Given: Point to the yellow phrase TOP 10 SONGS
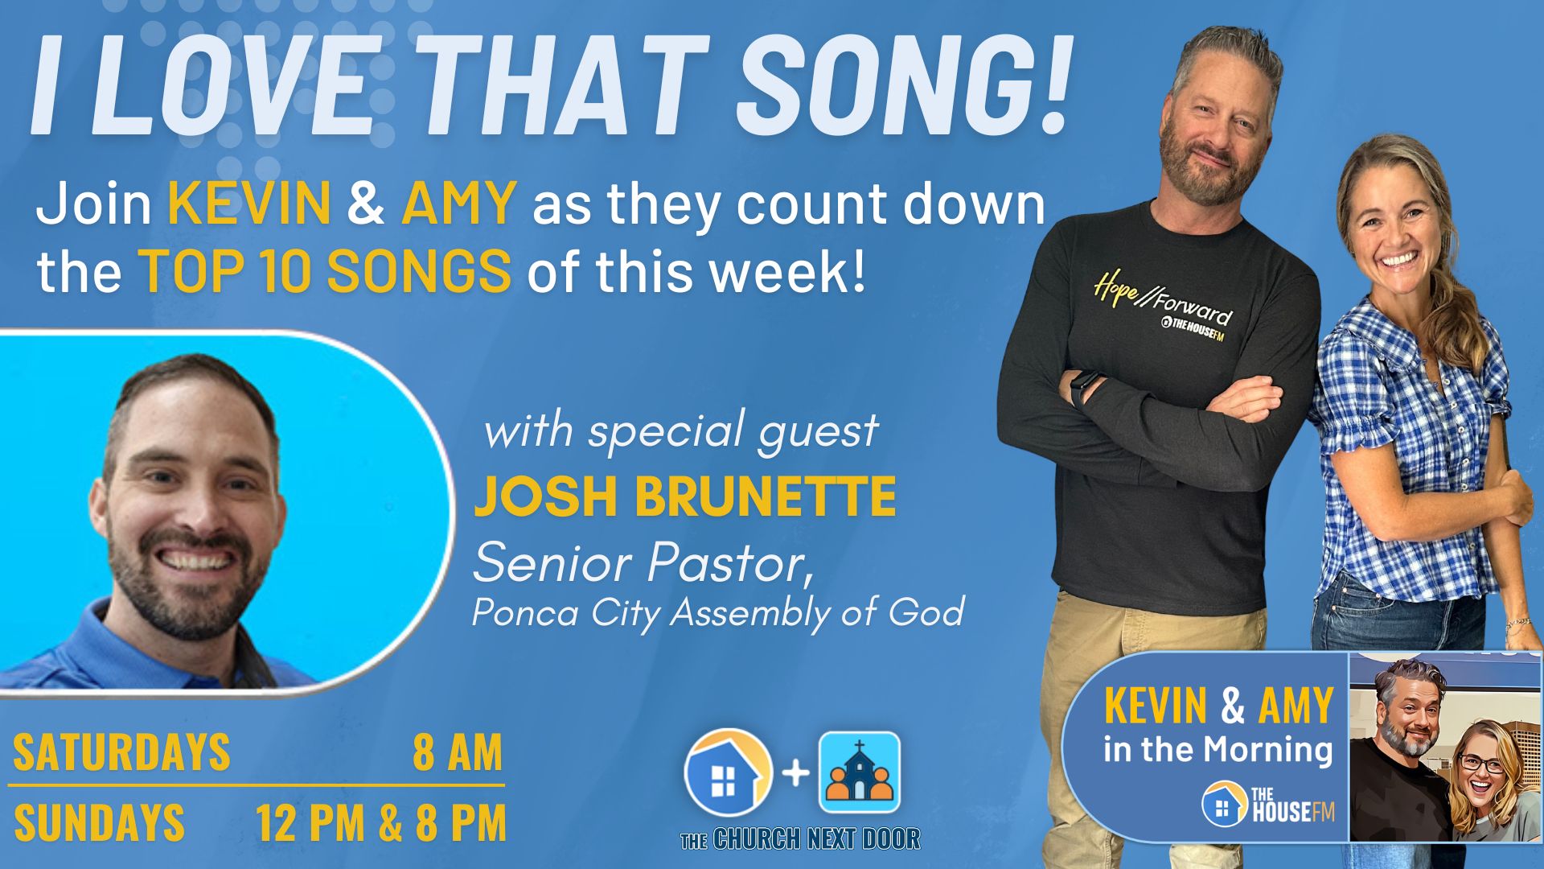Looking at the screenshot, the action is pyautogui.click(x=326, y=270).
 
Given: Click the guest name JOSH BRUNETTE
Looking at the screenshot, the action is pyautogui.click(x=684, y=496).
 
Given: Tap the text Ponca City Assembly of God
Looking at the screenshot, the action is pyautogui.click(x=717, y=613).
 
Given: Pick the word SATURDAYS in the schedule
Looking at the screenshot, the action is pyautogui.click(x=121, y=752).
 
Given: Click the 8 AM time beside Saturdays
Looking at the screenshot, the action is pyautogui.click(x=458, y=752).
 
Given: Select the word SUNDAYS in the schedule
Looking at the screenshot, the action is pyautogui.click(x=99, y=823).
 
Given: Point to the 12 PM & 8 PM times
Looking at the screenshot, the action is pyautogui.click(x=381, y=823).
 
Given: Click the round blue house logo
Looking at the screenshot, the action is pyautogui.click(x=728, y=772).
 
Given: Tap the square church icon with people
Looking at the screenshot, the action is pyautogui.click(x=859, y=772).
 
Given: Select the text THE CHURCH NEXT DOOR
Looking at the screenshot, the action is pyautogui.click(x=800, y=838).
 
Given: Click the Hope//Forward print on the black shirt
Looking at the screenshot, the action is pyautogui.click(x=1162, y=301).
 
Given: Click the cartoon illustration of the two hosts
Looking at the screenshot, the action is pyautogui.click(x=1444, y=748).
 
